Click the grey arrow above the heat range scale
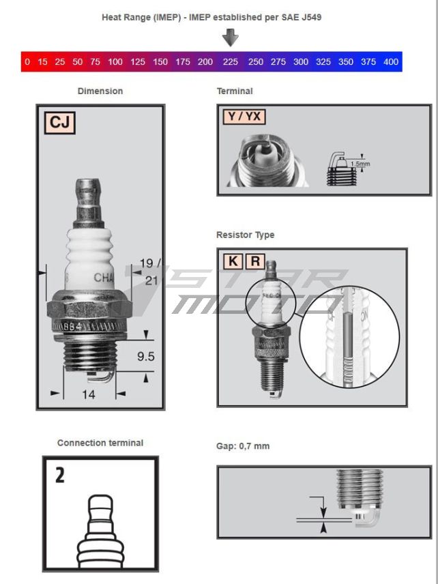pos(231,37)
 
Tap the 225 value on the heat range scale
pos(231,62)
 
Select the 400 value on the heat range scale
pos(391,62)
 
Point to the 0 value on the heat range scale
pos(27,62)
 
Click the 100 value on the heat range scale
pos(115,62)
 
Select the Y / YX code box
pos(244,117)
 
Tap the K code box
pos(233,261)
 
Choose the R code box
pos(254,261)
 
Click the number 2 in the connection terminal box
pos(60,476)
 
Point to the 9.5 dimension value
pos(145,355)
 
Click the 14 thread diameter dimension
pos(89,394)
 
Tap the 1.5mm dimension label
pos(359,164)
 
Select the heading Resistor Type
pos(245,235)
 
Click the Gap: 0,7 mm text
pos(242,446)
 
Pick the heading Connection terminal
pos(100,443)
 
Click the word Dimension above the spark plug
pos(100,91)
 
